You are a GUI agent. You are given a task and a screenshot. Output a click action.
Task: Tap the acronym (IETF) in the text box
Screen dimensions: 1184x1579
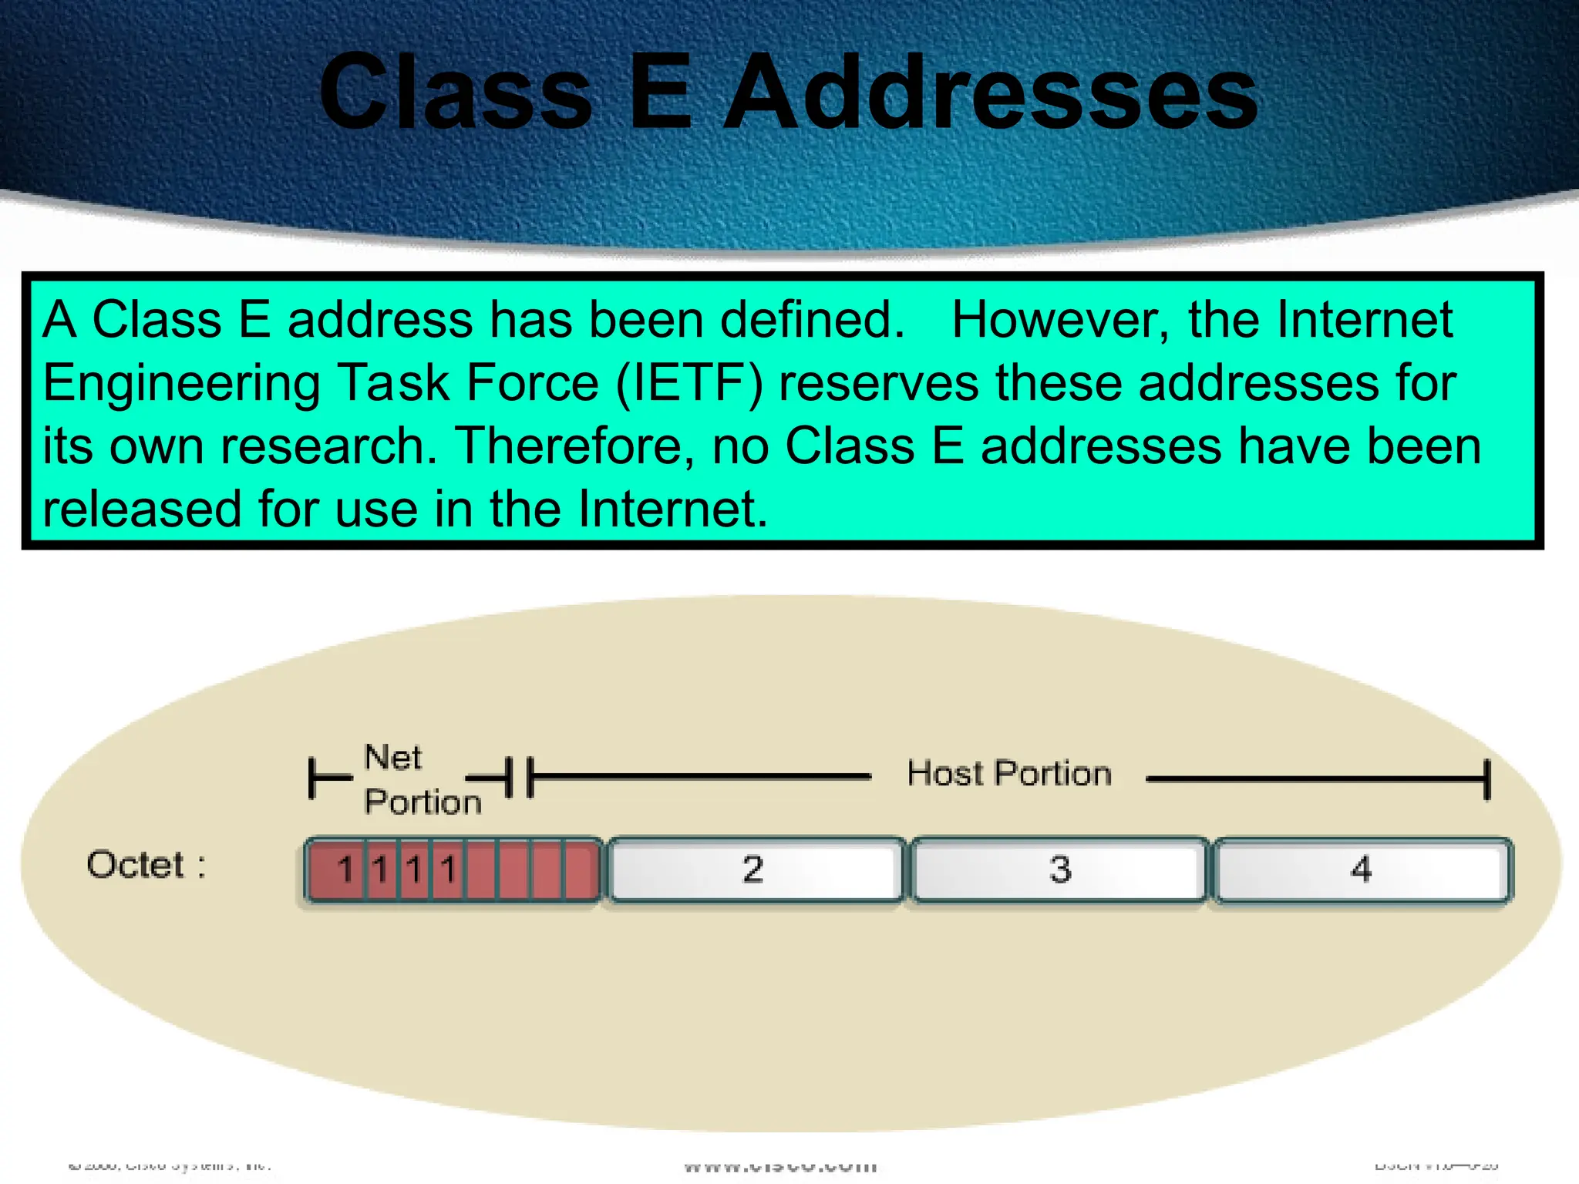coord(689,383)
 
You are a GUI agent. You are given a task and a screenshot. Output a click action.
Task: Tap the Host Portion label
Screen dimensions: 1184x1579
coord(1009,773)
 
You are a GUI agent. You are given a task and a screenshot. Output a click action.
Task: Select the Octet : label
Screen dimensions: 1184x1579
coord(146,865)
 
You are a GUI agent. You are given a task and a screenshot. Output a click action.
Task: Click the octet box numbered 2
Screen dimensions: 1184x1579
coord(754,869)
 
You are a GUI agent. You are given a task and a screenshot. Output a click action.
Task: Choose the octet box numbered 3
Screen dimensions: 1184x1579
coord(1059,869)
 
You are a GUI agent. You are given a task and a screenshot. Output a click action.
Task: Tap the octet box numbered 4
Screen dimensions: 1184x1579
coord(1362,869)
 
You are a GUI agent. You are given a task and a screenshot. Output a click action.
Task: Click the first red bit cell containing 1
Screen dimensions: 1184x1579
coord(345,869)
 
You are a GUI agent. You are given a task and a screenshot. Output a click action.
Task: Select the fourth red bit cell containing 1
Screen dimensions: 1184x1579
coord(448,869)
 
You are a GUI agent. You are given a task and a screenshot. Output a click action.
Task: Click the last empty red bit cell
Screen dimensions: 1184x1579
coord(581,869)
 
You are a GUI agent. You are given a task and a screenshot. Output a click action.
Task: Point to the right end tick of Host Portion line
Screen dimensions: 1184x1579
coord(1487,779)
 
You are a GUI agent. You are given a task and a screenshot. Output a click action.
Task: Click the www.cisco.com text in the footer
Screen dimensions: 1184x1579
coord(780,1166)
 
